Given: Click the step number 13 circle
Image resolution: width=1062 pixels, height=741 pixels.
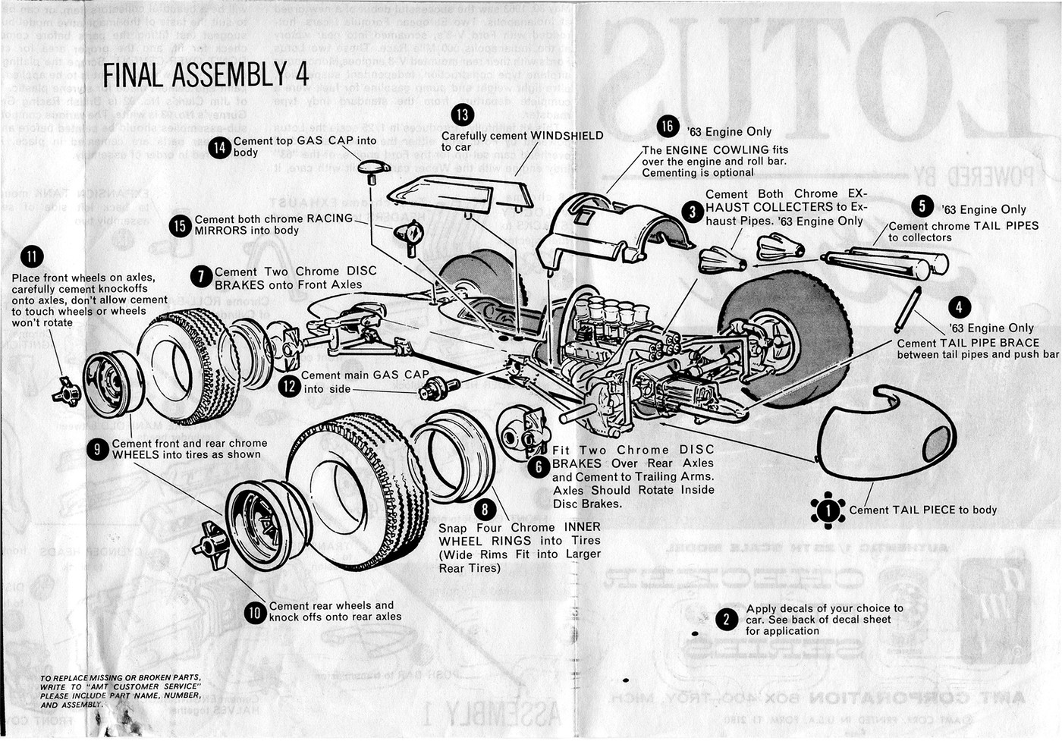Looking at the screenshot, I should (x=462, y=115).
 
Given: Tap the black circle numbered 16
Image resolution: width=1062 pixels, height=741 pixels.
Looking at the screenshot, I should (x=668, y=127).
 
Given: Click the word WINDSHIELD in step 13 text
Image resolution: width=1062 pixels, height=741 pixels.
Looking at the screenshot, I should (x=567, y=136).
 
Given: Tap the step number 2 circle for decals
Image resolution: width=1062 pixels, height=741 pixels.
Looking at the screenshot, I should (x=726, y=620).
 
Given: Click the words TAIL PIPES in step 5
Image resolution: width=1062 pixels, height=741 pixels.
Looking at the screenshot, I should (x=1001, y=226).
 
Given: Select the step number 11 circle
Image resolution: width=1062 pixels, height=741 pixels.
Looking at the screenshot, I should (x=32, y=256).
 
